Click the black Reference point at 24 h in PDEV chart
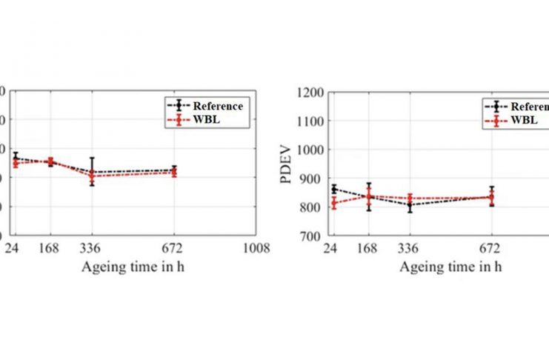tap(333, 189)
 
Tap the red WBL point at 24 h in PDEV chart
tap(333, 202)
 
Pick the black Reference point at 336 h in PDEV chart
tap(410, 204)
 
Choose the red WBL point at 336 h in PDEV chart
tap(410, 199)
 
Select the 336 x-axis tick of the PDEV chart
tap(410, 248)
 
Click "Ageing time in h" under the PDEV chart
tap(450, 265)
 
